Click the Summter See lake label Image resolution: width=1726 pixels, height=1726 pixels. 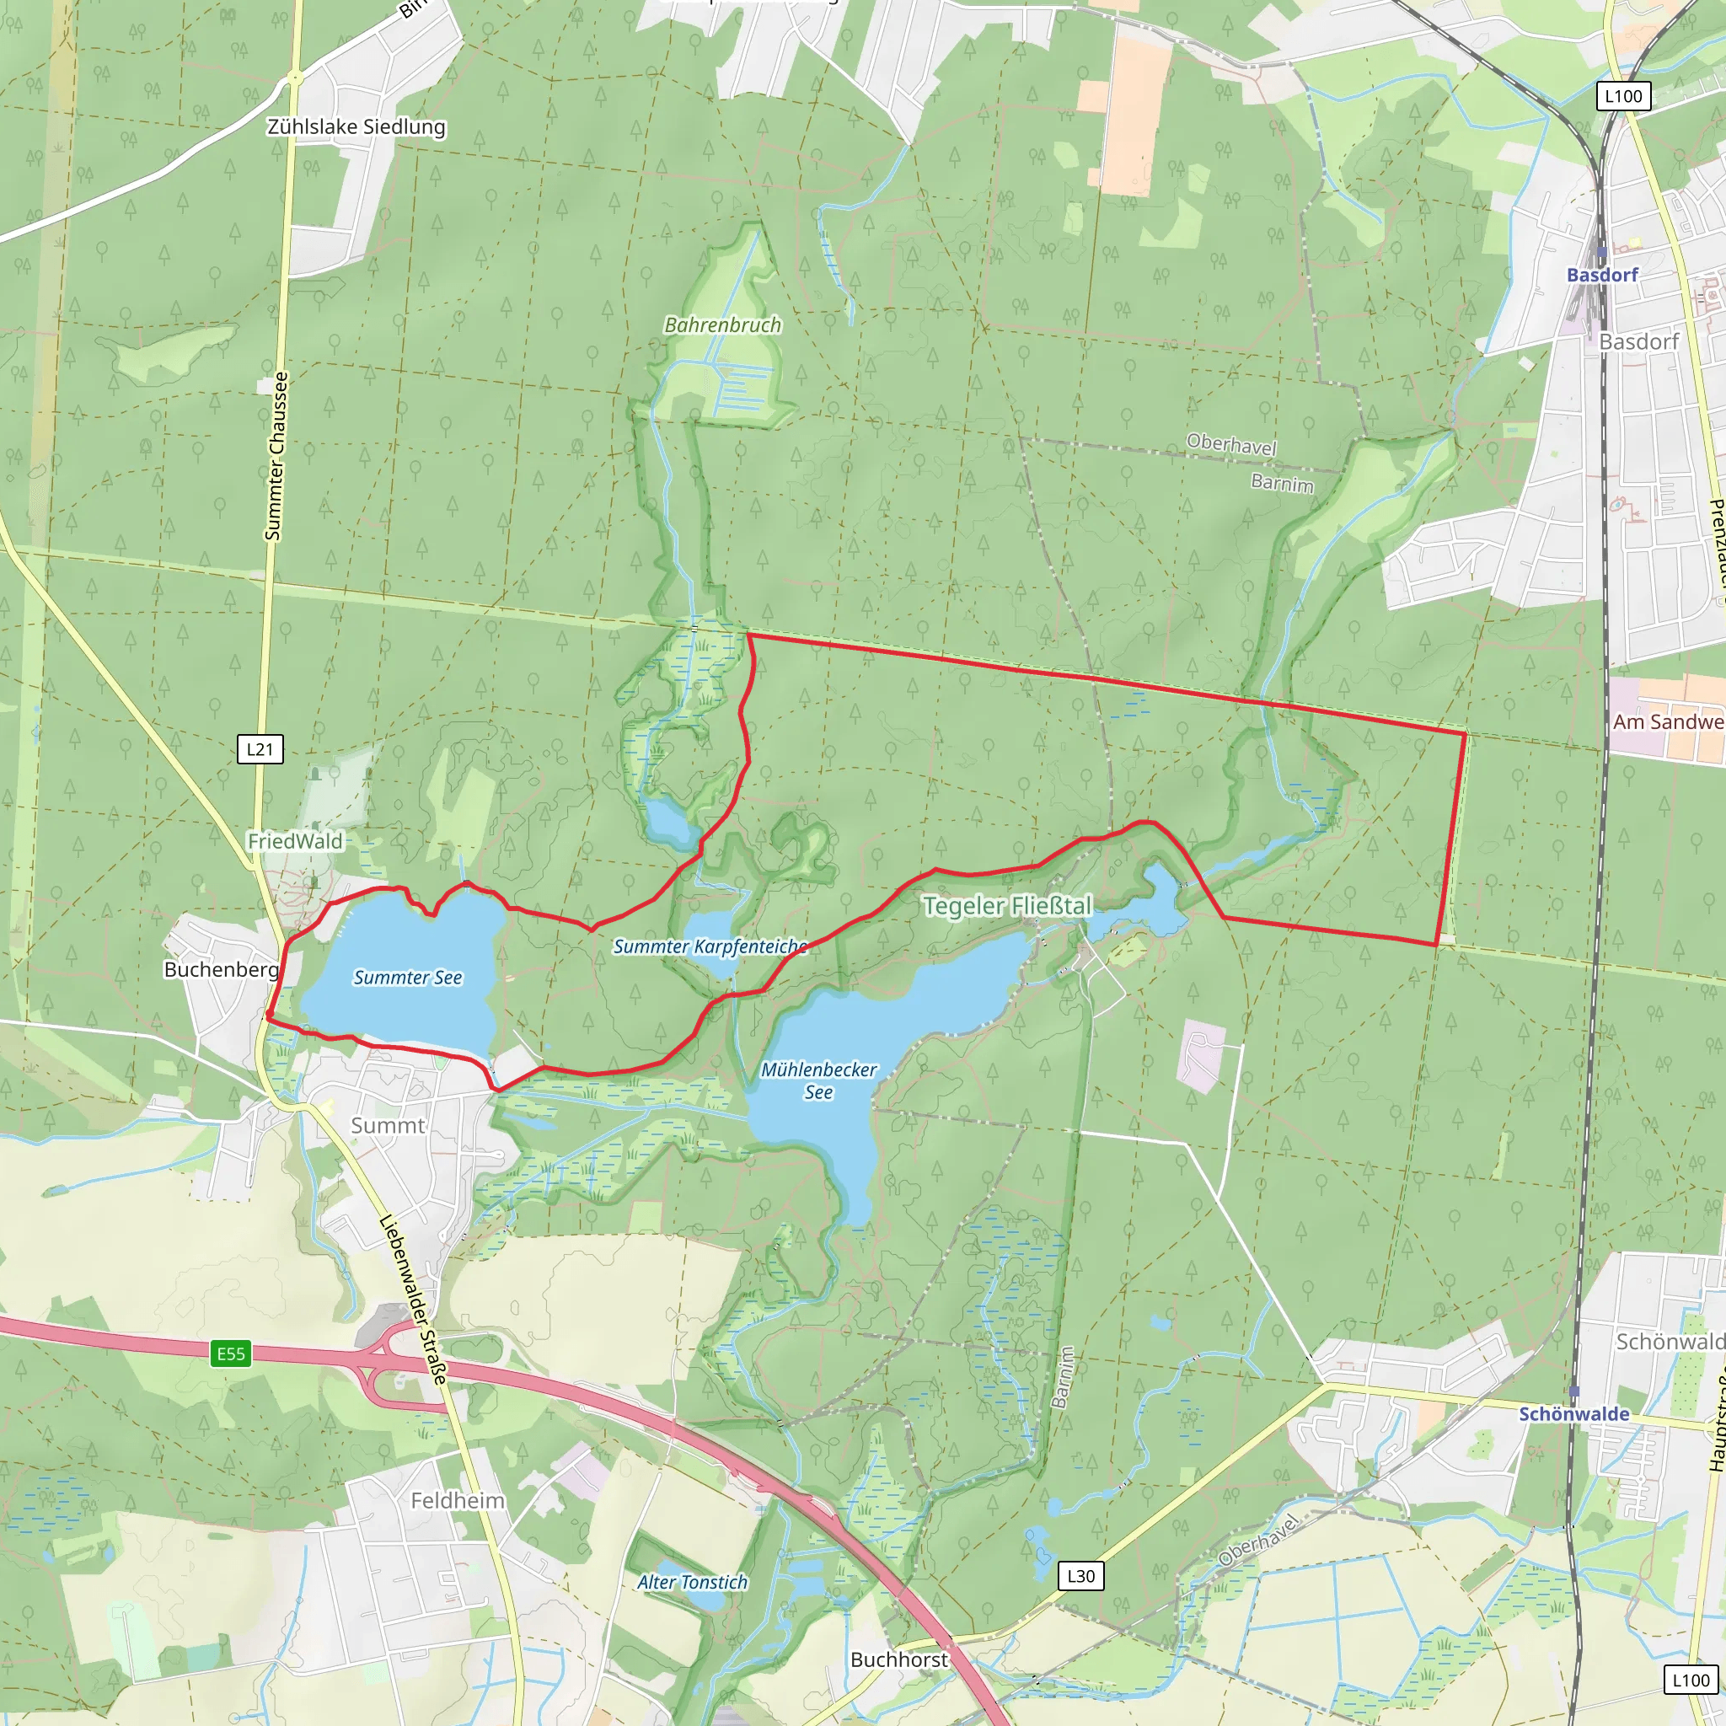(x=407, y=978)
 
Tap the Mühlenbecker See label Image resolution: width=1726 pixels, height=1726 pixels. (x=818, y=1080)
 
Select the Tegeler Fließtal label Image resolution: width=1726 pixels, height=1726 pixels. (x=1007, y=906)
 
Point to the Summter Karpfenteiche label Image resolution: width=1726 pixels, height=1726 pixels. (x=710, y=946)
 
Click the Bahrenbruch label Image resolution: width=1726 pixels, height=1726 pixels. (x=722, y=325)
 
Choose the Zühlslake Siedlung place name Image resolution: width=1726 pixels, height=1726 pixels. (x=356, y=127)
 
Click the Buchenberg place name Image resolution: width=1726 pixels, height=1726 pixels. (x=221, y=969)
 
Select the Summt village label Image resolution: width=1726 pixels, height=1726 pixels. (x=387, y=1125)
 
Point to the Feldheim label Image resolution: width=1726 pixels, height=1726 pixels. (x=458, y=1500)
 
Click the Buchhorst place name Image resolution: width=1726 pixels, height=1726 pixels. (x=898, y=1659)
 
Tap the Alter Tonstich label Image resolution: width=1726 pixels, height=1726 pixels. (x=693, y=1581)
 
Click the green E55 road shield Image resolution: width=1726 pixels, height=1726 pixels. (x=230, y=1353)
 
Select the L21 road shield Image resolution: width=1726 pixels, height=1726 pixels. (x=260, y=748)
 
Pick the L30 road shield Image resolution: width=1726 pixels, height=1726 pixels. (x=1081, y=1576)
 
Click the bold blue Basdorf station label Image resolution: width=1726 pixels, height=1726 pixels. (x=1602, y=275)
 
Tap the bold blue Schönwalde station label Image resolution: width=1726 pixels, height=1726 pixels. (x=1574, y=1413)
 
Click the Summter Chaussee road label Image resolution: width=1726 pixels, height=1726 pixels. (x=277, y=456)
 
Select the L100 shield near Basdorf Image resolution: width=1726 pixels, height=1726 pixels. (x=1623, y=96)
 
